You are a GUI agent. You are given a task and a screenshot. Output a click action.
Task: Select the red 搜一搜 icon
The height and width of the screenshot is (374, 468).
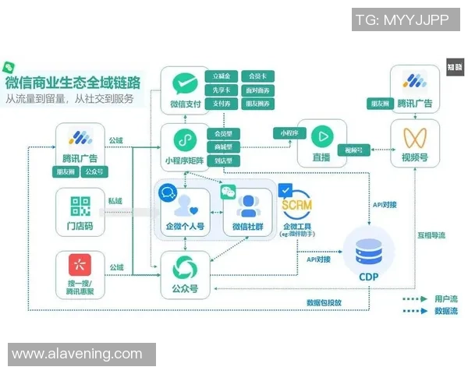tap(80, 266)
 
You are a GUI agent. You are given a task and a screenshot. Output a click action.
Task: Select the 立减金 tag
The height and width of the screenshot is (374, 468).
tap(222, 76)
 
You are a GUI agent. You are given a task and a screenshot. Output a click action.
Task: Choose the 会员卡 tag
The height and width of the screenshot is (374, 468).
tap(257, 76)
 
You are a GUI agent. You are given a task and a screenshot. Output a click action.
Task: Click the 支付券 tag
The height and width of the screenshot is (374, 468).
tap(222, 103)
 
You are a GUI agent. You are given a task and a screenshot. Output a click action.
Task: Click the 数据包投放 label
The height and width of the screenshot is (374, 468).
tap(324, 302)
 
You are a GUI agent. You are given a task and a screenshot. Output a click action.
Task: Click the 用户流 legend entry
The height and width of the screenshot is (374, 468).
tap(426, 298)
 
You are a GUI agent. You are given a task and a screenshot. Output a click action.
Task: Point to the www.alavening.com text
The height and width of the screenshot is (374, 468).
tap(77, 354)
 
